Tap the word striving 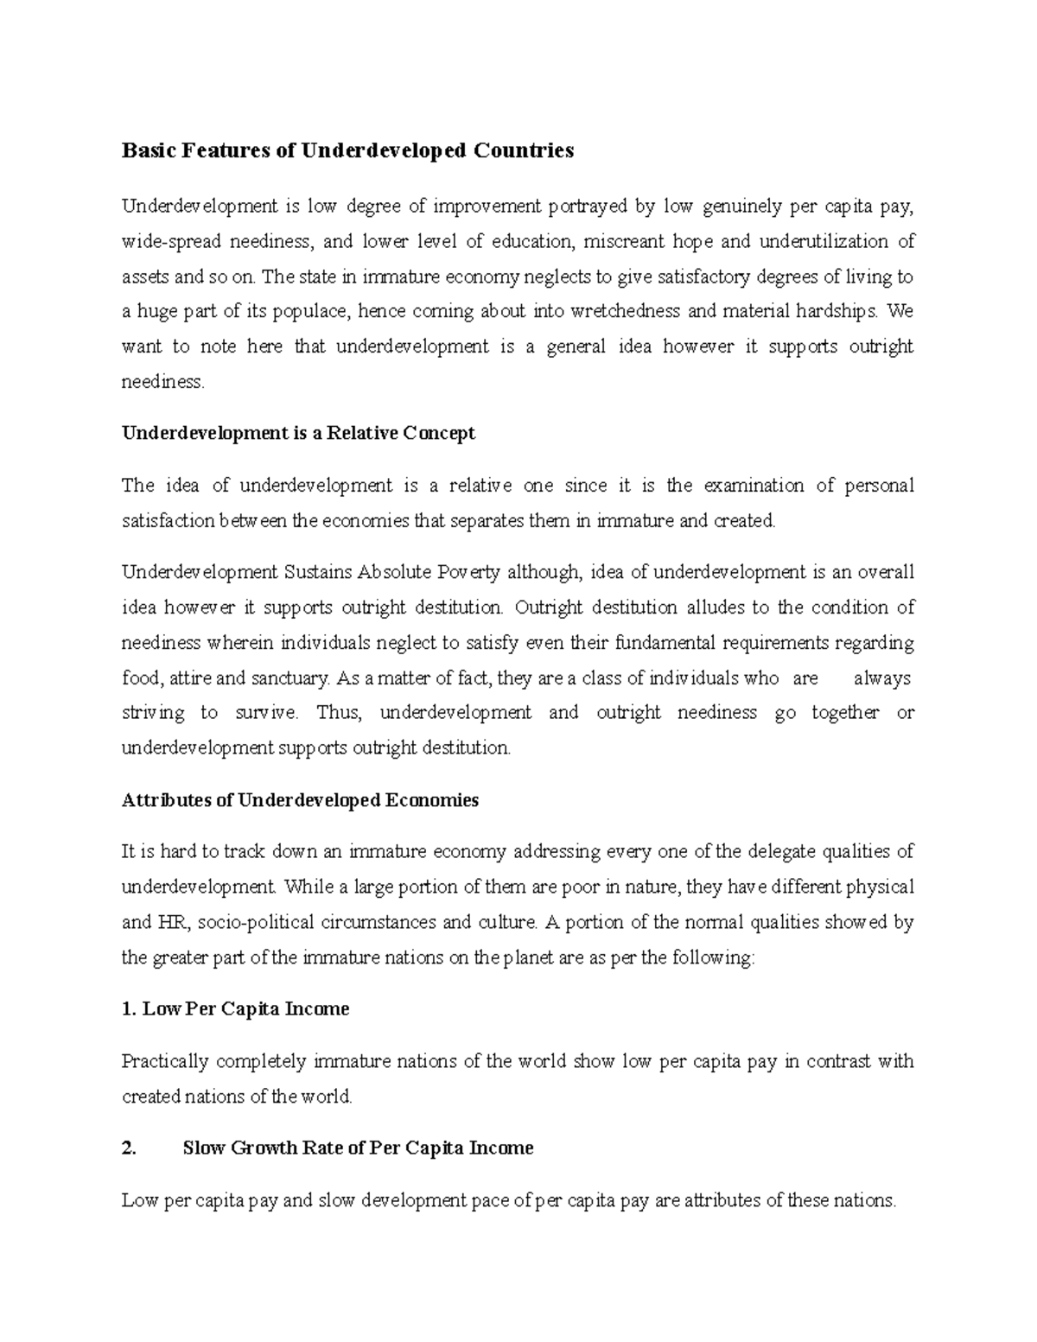(153, 713)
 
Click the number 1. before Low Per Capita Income (129, 1009)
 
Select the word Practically (165, 1061)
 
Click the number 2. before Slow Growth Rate (129, 1148)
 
